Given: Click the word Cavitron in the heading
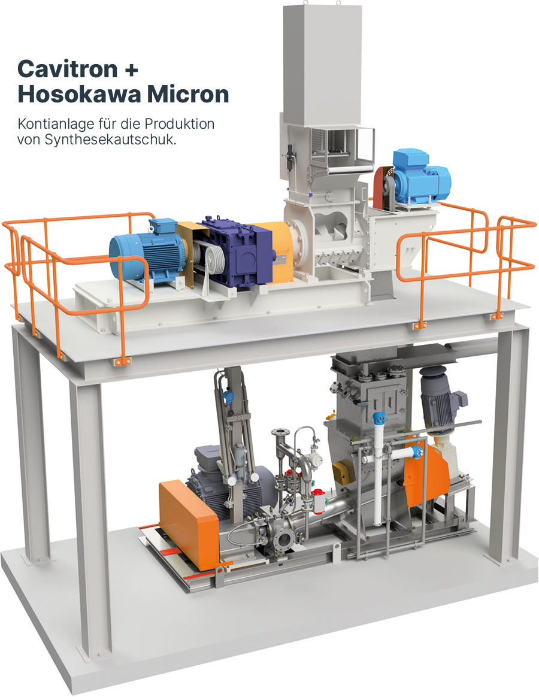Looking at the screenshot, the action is tap(68, 69).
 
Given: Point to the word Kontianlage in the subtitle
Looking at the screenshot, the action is tap(53, 123).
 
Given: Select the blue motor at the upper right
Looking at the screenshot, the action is tap(420, 178).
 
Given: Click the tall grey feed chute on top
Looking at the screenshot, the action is tap(322, 62).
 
